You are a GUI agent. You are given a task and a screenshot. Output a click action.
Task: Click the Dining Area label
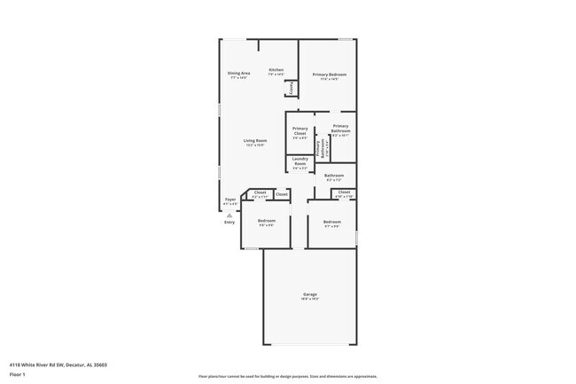pyautogui.click(x=239, y=73)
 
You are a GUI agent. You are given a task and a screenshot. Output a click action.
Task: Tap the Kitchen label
pyautogui.click(x=276, y=70)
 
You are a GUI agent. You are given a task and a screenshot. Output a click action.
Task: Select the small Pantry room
pyautogui.click(x=289, y=88)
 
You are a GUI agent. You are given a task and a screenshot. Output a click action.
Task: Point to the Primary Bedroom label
pyautogui.click(x=329, y=74)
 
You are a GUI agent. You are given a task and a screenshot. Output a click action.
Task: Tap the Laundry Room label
pyautogui.click(x=300, y=161)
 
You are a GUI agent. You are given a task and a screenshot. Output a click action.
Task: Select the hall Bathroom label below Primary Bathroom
pyautogui.click(x=334, y=176)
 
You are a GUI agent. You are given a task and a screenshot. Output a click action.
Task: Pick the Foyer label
pyautogui.click(x=230, y=200)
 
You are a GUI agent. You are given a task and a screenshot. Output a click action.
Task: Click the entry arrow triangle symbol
pyautogui.click(x=229, y=214)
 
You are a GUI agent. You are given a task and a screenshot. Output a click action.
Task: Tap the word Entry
pyautogui.click(x=230, y=222)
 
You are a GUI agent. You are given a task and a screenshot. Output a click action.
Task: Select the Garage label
pyautogui.click(x=310, y=294)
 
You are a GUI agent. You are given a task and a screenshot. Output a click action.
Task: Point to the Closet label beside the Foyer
pyautogui.click(x=260, y=192)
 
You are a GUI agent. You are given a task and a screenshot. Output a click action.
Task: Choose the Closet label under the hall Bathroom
pyautogui.click(x=344, y=192)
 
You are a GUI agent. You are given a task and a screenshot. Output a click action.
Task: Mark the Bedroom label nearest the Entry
pyautogui.click(x=267, y=221)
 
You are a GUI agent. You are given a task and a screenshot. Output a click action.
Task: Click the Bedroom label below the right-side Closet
pyautogui.click(x=332, y=222)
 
